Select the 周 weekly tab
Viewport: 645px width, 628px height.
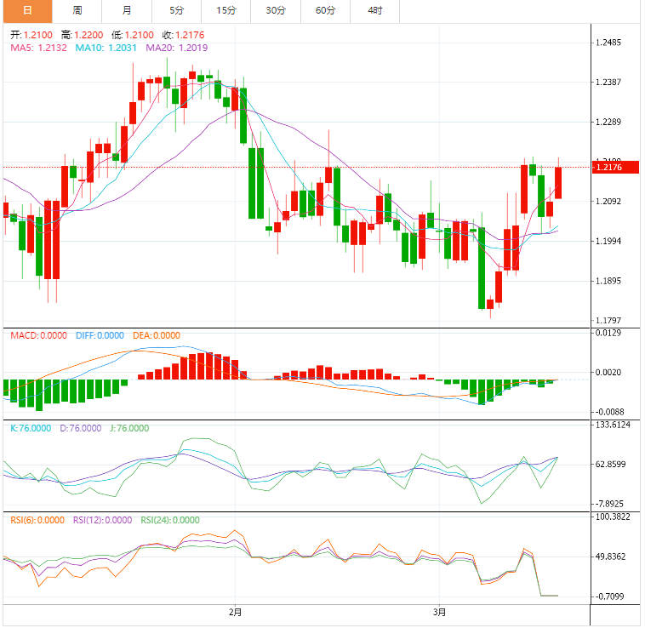click(77, 11)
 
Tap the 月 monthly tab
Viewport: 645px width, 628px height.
click(127, 11)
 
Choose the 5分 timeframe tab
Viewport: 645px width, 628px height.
click(176, 11)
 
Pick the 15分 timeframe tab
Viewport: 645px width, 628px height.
click(226, 11)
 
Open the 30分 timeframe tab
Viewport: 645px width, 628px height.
click(276, 11)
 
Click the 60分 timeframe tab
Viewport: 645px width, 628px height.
click(325, 11)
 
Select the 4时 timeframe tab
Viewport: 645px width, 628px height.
click(375, 11)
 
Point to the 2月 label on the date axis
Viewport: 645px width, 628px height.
click(235, 612)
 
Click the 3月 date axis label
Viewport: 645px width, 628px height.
click(439, 612)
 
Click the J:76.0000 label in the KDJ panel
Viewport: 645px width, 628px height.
click(129, 428)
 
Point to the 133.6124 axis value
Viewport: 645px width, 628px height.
click(614, 425)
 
